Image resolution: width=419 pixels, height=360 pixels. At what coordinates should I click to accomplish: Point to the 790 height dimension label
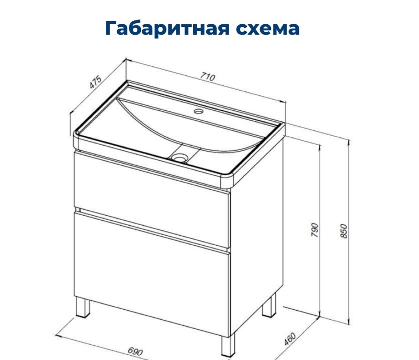point(315,230)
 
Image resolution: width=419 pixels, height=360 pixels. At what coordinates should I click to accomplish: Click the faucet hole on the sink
point(198,111)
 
